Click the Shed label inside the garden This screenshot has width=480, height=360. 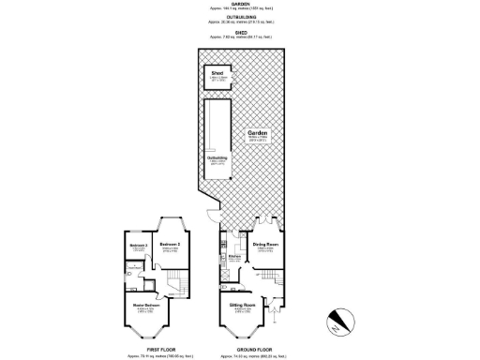pyautogui.click(x=216, y=70)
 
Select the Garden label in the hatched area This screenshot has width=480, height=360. pyautogui.click(x=258, y=133)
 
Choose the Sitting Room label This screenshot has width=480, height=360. pyautogui.click(x=243, y=305)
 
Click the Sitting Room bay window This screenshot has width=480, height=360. pyautogui.click(x=241, y=329)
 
